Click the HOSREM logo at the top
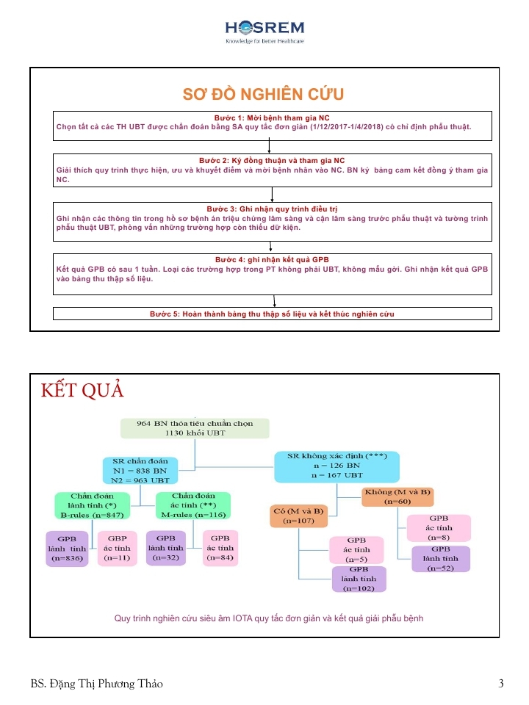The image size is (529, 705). pos(264,32)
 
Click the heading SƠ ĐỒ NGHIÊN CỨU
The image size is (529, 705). pos(263,95)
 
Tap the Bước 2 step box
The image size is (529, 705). pos(272,170)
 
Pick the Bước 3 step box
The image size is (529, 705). pos(272,219)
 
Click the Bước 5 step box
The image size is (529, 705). pos(272,314)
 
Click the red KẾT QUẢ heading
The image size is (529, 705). pos(82,390)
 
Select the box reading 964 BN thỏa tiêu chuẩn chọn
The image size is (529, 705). pos(195,428)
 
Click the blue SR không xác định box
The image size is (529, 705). pos(337,466)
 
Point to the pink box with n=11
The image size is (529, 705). pos(118,548)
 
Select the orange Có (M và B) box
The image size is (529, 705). pos(298,516)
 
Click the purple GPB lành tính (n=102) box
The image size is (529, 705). pos(359,579)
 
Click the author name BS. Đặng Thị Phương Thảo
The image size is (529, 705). pos(97,684)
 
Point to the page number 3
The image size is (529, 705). pos(501,684)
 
